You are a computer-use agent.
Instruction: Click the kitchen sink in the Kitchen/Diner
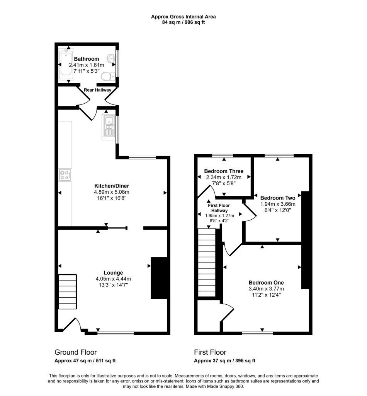point(108,127)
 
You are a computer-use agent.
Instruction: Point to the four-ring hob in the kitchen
point(65,175)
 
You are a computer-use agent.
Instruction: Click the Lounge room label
point(113,273)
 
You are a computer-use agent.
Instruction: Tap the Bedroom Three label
point(224,171)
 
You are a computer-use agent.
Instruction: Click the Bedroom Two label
point(278,198)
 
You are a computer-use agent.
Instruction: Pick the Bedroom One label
point(266,282)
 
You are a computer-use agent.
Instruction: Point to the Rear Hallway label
point(97,90)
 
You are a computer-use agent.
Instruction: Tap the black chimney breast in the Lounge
point(158,278)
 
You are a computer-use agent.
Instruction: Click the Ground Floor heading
point(76,352)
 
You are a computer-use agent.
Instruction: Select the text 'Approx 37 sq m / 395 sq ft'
point(224,360)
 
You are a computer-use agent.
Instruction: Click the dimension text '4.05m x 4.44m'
point(113,279)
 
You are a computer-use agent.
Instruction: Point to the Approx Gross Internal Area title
point(183,17)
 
